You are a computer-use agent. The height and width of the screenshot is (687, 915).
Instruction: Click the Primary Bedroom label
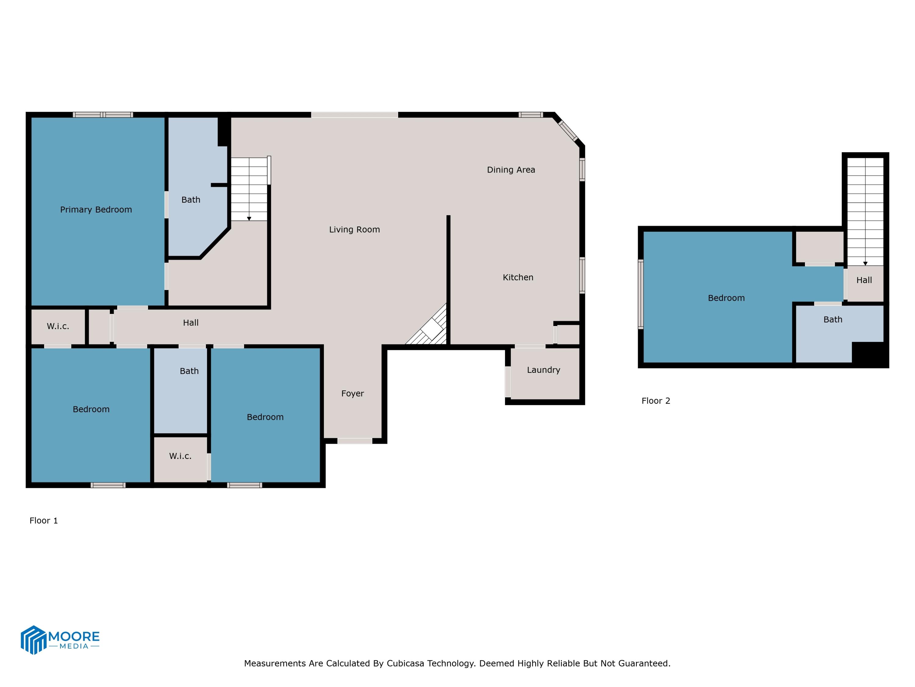pos(96,209)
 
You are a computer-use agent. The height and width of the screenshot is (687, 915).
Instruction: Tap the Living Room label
pos(354,229)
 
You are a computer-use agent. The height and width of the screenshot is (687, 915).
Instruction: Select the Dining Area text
pos(511,170)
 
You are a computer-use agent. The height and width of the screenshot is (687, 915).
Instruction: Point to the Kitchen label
pos(518,278)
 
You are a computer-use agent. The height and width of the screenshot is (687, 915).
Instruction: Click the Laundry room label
pos(543,370)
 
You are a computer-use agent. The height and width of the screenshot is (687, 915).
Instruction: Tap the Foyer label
pos(353,393)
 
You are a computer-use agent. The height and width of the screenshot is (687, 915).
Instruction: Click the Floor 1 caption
pos(43,521)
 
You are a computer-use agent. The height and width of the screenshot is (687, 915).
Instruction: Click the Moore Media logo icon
pos(33,639)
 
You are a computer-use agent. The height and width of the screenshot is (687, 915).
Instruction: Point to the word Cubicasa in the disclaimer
pos(405,663)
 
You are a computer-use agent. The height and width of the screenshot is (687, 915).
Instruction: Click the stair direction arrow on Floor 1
pos(249,219)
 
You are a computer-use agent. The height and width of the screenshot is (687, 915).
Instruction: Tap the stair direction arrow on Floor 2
pos(865,264)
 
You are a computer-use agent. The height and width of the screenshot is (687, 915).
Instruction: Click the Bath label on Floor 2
pos(832,320)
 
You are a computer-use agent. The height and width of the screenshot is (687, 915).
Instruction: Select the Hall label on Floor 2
pos(864,280)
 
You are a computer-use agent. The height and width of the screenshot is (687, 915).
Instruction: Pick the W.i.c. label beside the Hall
pos(58,326)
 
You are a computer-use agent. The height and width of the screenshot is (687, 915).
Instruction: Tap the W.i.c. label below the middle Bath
pos(180,456)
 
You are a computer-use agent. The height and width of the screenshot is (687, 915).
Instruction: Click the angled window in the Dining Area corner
pos(568,130)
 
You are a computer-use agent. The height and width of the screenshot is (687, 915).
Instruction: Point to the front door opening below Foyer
pos(354,441)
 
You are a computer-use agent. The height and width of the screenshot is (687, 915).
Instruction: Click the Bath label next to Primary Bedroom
pos(191,200)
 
